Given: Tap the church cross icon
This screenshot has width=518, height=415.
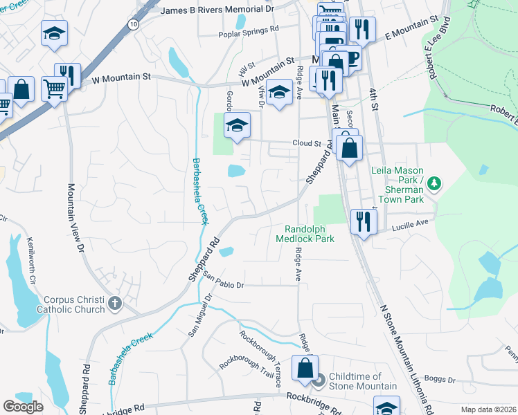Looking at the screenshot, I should (x=115, y=303).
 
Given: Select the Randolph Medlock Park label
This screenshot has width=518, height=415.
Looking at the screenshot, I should (x=305, y=234).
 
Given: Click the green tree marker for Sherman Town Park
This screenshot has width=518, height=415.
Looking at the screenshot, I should (x=434, y=183).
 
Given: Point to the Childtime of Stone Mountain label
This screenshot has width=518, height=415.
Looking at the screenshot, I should (x=363, y=380).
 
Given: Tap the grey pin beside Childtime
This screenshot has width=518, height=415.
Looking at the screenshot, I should (x=319, y=379).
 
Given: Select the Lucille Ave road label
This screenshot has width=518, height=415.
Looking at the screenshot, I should (x=411, y=224).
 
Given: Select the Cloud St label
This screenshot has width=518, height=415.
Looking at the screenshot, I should (x=307, y=144).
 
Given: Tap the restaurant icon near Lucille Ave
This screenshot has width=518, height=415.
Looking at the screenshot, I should (x=363, y=221).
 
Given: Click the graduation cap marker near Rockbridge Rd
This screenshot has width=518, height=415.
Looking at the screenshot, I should (x=386, y=407).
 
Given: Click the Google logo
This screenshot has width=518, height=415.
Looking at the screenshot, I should (x=23, y=407).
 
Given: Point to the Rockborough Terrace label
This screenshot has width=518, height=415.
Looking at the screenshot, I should (x=260, y=358).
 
